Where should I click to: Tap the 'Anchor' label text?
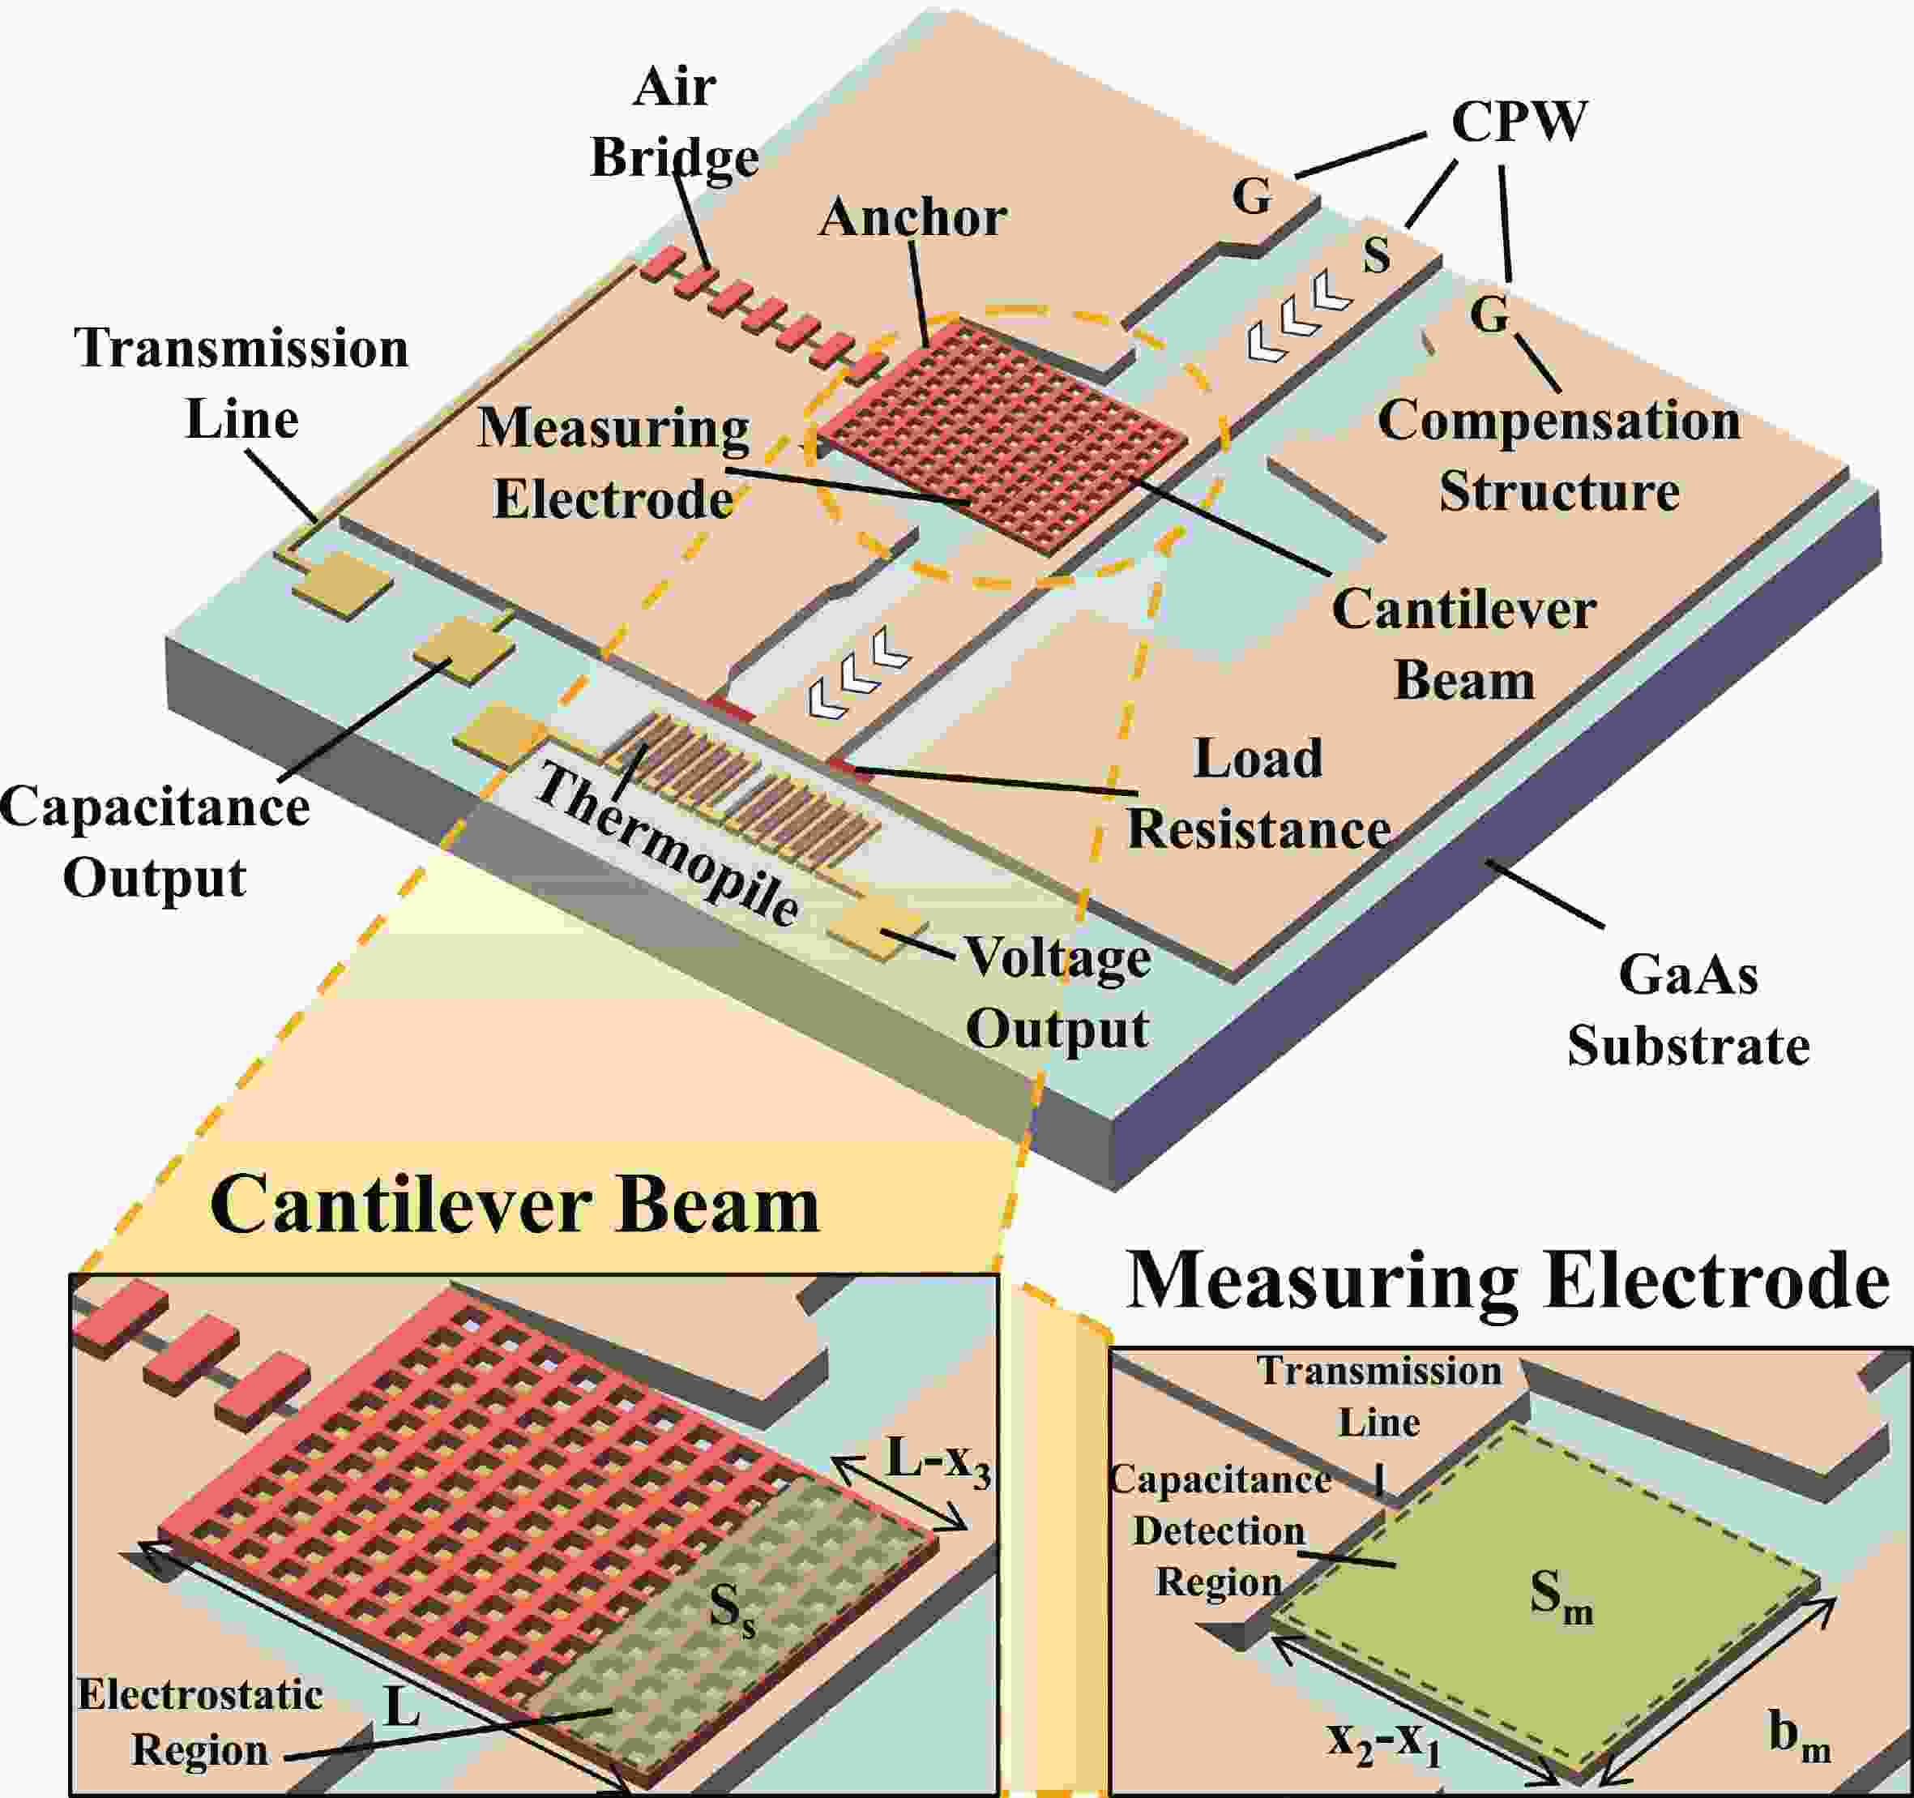(912, 217)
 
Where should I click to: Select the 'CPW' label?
(1519, 122)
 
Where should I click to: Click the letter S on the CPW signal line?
(1377, 255)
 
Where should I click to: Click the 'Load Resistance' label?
(1258, 794)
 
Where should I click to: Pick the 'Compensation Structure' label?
(1559, 456)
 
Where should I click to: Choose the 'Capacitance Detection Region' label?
(1220, 1530)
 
